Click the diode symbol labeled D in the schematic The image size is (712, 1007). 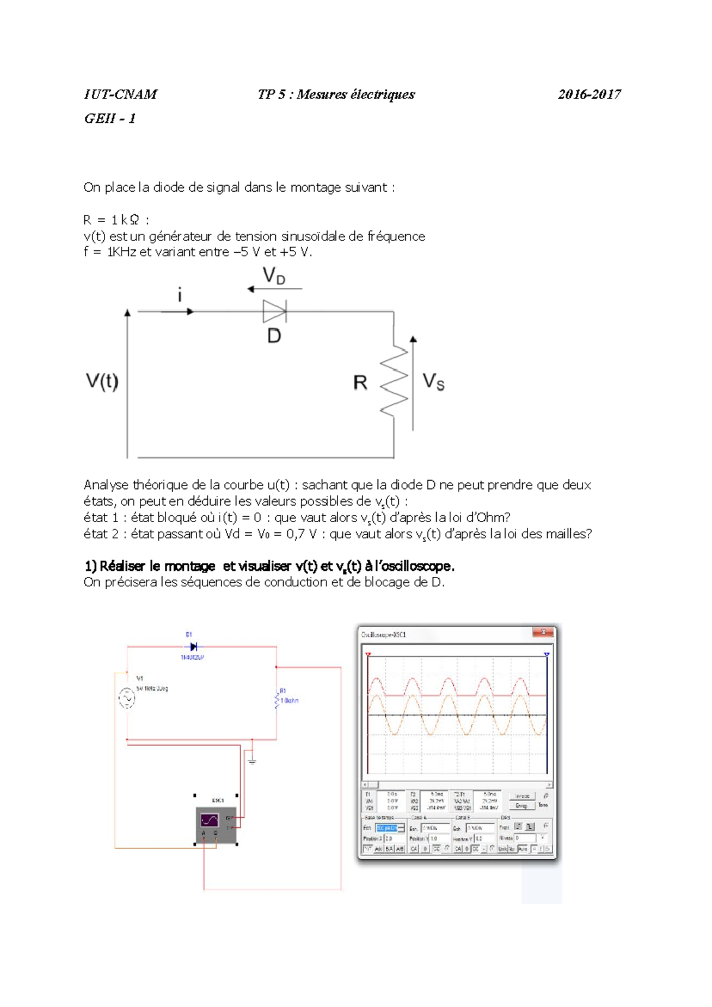(x=274, y=311)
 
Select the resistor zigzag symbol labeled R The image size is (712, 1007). (x=394, y=382)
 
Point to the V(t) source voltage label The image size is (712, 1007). (x=102, y=381)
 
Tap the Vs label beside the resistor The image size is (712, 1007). (x=433, y=382)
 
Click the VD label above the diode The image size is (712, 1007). (x=274, y=276)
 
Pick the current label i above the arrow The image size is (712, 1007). (x=180, y=294)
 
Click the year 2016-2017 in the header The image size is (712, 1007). (x=589, y=94)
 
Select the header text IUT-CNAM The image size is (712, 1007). (x=120, y=94)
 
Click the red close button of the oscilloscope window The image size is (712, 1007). (x=543, y=633)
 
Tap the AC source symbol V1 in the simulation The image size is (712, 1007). (x=126, y=698)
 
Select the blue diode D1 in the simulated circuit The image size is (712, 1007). (x=193, y=647)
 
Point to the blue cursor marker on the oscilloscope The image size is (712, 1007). (x=546, y=655)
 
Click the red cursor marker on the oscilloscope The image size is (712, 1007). (x=368, y=655)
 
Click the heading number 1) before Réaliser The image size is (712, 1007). (x=90, y=566)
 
